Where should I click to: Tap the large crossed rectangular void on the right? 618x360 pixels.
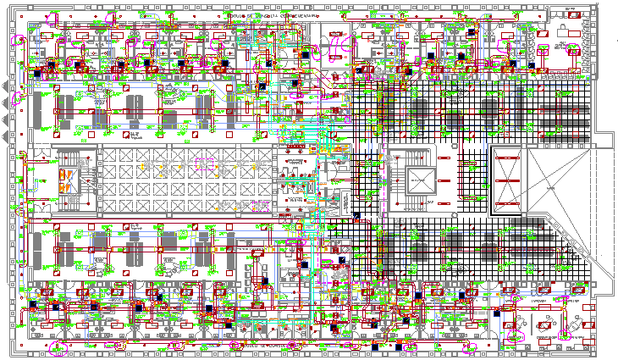pyautogui.click(x=507, y=180)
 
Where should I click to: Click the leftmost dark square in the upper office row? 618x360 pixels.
pyautogui.click(x=51, y=64)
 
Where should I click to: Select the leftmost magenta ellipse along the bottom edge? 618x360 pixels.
pyautogui.click(x=57, y=347)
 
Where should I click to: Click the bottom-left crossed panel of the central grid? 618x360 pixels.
pyautogui.click(x=110, y=204)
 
